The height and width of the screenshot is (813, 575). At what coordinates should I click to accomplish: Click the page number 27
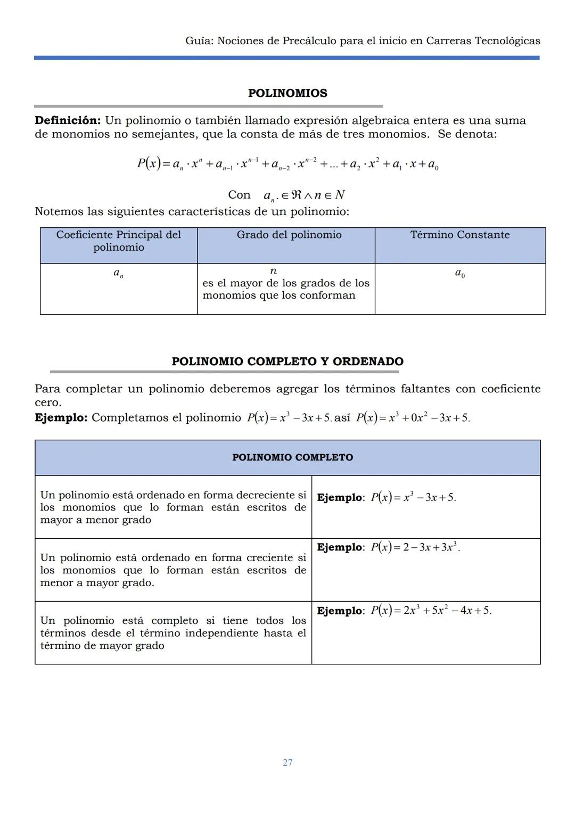(287, 762)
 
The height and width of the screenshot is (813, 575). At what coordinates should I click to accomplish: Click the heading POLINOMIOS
(287, 93)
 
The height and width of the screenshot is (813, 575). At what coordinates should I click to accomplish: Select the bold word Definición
(68, 120)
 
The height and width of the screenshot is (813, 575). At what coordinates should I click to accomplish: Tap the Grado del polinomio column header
(289, 235)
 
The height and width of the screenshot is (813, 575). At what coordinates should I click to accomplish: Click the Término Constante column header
(460, 235)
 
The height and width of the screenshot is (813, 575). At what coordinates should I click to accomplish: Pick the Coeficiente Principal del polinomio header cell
(119, 241)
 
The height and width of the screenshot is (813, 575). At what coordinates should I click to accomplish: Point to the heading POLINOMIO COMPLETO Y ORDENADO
(287, 362)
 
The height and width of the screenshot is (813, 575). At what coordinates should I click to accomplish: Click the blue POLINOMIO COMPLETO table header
(292, 457)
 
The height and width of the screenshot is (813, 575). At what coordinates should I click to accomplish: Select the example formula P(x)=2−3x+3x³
(415, 547)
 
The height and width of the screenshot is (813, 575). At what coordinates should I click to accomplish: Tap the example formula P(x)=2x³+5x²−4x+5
(431, 611)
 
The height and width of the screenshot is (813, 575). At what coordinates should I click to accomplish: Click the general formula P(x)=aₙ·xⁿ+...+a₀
(287, 164)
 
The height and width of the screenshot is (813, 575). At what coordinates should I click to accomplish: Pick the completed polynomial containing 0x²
(413, 418)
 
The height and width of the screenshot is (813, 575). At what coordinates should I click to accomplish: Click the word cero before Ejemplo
(48, 403)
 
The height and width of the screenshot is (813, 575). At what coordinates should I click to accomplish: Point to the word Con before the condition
(239, 195)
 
